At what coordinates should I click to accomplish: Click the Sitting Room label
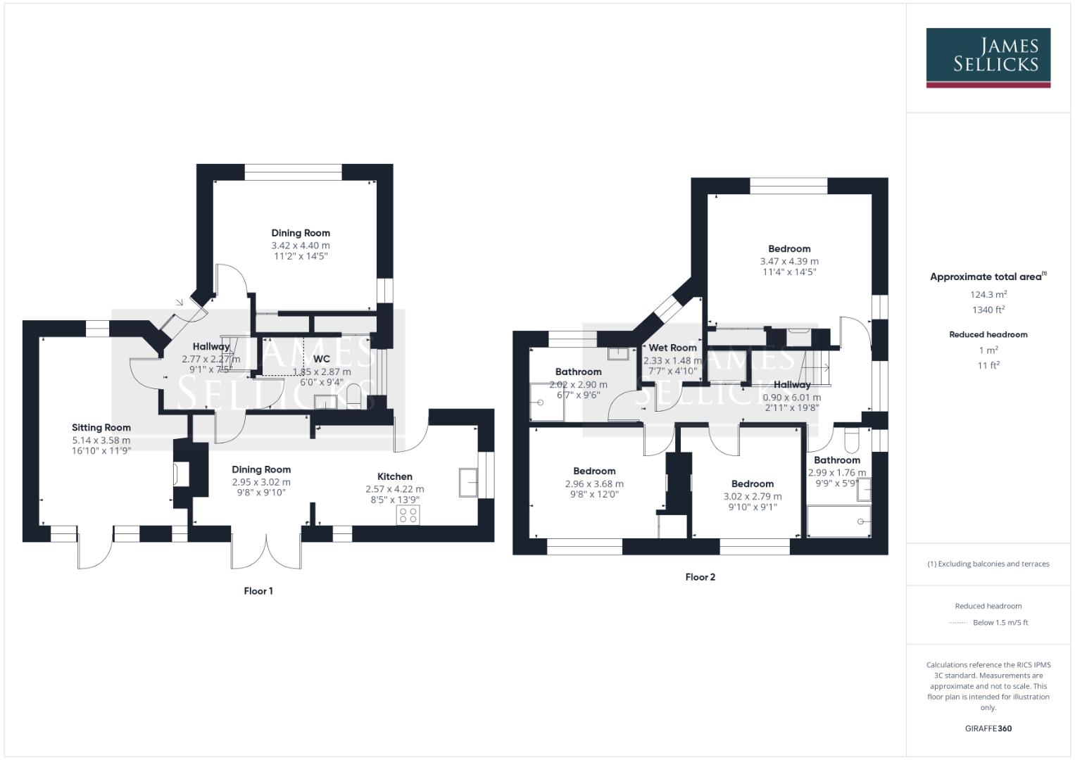[101, 427]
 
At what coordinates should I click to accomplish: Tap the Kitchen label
[394, 476]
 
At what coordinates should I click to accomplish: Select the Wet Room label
[672, 348]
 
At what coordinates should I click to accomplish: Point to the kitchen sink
[468, 482]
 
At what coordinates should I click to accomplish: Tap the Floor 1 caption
[258, 591]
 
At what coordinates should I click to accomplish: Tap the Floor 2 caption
[700, 577]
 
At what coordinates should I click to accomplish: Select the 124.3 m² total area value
[988, 295]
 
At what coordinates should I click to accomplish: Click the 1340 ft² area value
[988, 310]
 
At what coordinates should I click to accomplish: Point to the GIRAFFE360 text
[988, 728]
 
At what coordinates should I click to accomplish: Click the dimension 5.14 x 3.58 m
[101, 441]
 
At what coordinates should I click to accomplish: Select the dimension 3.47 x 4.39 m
[789, 261]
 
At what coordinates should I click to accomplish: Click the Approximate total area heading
[988, 277]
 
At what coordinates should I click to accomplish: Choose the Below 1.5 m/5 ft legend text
[1000, 623]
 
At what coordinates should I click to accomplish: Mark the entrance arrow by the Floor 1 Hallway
[180, 303]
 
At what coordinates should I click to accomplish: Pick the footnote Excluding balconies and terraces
[988, 564]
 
